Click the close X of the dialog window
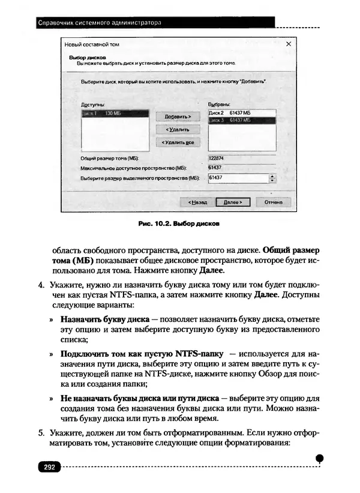point(289,44)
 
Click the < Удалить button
point(173,129)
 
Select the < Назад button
point(197,202)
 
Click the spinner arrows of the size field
point(272,178)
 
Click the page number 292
point(48,467)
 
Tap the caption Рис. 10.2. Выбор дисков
point(179,225)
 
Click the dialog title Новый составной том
point(91,44)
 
